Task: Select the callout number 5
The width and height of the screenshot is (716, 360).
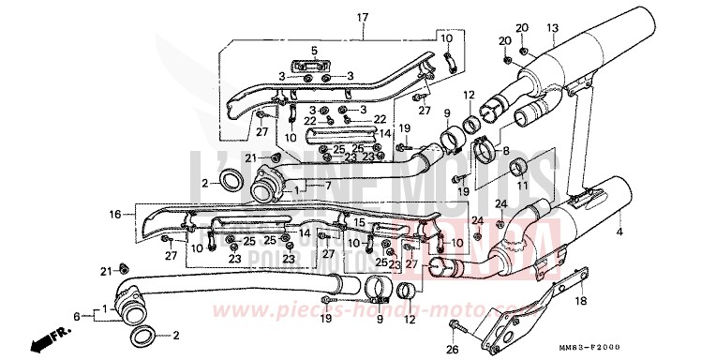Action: click(315, 50)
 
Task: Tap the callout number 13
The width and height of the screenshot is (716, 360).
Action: click(552, 27)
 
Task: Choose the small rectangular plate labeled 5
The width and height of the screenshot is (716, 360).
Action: click(316, 67)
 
